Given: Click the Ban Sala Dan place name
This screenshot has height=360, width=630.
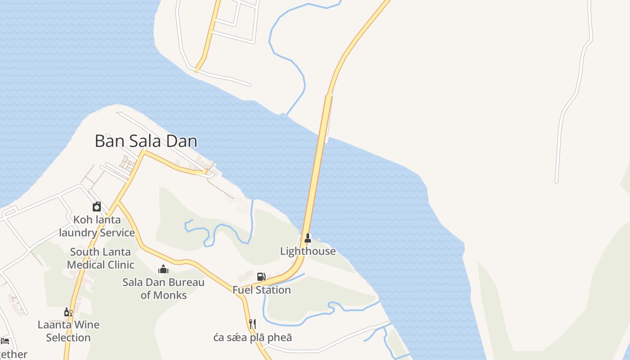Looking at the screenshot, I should (146, 141).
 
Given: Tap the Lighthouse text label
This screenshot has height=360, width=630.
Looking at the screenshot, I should (308, 251).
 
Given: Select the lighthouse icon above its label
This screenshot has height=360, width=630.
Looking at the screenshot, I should (308, 238).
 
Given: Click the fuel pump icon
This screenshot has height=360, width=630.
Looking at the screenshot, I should (261, 276).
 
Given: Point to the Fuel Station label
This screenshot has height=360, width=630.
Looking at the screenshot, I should (261, 290).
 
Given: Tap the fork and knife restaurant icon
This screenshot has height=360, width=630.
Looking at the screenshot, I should (252, 324).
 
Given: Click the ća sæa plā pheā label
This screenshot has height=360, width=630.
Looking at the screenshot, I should (252, 337).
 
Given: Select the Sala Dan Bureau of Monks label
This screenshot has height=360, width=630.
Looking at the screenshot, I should (163, 289).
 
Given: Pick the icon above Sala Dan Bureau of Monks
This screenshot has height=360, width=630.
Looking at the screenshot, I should (163, 269).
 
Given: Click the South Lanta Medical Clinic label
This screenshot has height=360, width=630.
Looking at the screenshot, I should (100, 258).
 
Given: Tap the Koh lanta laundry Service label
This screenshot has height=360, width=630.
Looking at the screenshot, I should (97, 226).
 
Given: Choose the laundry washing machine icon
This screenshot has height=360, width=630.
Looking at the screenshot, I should (97, 207).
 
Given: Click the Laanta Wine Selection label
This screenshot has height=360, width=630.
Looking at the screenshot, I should (68, 331).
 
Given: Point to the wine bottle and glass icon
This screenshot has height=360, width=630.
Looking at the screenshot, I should (68, 312).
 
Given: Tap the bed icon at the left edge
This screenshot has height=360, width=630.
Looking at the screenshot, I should (5, 341).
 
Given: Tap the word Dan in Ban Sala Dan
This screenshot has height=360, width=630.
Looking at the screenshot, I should (182, 141).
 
